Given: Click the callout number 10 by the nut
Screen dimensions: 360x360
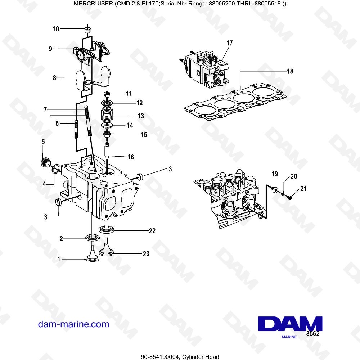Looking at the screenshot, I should click(x=56, y=29).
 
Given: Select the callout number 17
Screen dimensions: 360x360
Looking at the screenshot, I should click(x=229, y=43).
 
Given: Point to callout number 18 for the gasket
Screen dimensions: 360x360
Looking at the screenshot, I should click(x=290, y=71).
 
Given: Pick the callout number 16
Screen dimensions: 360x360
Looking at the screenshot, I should click(x=131, y=157).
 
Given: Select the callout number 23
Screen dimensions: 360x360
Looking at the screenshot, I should click(x=145, y=254).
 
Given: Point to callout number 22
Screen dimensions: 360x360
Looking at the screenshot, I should click(x=152, y=231).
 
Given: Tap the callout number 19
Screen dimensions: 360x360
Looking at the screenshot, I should click(x=275, y=174).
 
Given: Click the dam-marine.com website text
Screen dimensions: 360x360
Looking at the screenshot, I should click(x=73, y=324).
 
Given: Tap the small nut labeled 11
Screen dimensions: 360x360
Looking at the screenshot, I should click(x=107, y=94).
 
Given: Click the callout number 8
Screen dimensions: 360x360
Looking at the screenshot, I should click(x=54, y=77).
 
